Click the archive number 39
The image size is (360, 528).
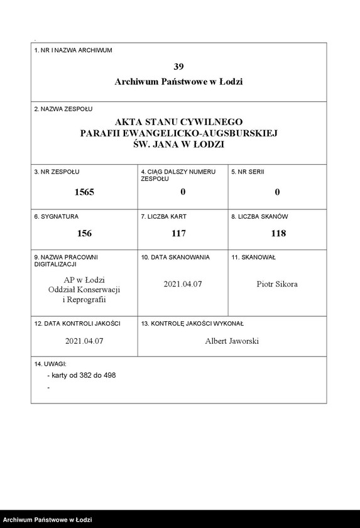coord(178,66)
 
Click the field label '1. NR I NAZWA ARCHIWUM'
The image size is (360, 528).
coord(73,50)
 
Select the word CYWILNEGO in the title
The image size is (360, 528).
coord(212,121)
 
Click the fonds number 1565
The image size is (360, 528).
coord(84,192)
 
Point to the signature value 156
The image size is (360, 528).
coord(84,233)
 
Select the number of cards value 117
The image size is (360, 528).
coord(179,233)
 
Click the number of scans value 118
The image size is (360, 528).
coord(277,233)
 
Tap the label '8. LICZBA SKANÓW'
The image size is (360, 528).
coord(259,216)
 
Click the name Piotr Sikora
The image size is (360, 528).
coord(277,284)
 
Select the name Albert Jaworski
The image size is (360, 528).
coord(232,341)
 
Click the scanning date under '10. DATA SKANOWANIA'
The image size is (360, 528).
coord(183,284)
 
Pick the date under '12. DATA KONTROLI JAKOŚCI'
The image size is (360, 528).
coord(84,341)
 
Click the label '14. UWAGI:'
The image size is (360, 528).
coord(50,364)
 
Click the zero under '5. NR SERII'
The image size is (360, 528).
coord(277,192)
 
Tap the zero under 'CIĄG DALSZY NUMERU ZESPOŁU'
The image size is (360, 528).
coord(183,192)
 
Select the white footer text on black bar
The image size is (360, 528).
coord(48,520)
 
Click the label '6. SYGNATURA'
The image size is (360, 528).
coord(56,216)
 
